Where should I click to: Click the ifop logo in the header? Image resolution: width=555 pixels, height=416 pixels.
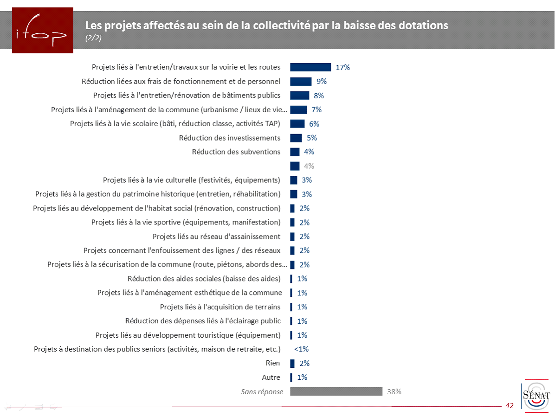pyautogui.click(x=42, y=31)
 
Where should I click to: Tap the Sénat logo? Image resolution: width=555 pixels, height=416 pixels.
pyautogui.click(x=536, y=397)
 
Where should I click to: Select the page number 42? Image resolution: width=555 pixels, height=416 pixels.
pyautogui.click(x=509, y=406)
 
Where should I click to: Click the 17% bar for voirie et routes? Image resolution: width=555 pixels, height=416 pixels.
pyautogui.click(x=310, y=67)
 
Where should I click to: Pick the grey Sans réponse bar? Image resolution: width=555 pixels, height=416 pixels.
pyautogui.click(x=336, y=391)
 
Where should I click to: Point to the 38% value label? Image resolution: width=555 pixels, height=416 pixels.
pyautogui.click(x=394, y=391)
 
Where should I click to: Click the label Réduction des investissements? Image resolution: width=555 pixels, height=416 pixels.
pyautogui.click(x=229, y=138)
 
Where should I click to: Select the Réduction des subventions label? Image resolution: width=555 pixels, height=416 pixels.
pyautogui.click(x=236, y=152)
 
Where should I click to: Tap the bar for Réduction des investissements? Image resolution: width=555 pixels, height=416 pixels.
pyautogui.click(x=296, y=138)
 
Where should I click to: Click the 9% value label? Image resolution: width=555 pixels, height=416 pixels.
pyautogui.click(x=322, y=81)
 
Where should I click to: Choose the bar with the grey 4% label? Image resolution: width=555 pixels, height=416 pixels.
pyautogui.click(x=295, y=166)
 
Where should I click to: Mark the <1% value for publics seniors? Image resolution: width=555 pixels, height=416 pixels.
pyautogui.click(x=301, y=349)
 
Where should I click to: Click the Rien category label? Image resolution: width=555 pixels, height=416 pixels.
pyautogui.click(x=272, y=363)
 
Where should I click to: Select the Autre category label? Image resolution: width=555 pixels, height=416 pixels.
pyautogui.click(x=271, y=377)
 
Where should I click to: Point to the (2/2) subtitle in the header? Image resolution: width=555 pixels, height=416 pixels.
pyautogui.click(x=93, y=38)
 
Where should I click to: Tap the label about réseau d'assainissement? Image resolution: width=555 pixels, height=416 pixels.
pyautogui.click(x=216, y=237)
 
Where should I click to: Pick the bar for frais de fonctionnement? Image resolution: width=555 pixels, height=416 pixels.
pyautogui.click(x=301, y=81)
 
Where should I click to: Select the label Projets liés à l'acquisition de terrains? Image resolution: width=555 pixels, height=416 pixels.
pyautogui.click(x=220, y=307)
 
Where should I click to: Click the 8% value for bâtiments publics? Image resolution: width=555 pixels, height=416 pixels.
pyautogui.click(x=318, y=96)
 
